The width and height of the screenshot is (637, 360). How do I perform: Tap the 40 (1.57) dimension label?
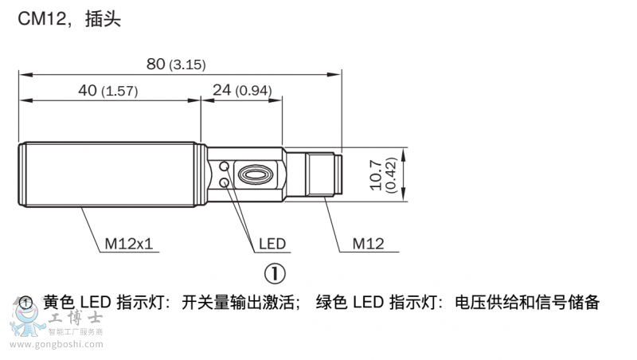(x=107, y=91)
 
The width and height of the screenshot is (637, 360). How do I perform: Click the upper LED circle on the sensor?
(x=226, y=166)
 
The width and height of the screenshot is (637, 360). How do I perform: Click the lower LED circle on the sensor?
(x=226, y=183)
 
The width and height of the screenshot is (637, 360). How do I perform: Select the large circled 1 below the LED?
(x=274, y=273)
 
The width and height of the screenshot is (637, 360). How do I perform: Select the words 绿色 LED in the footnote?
(x=350, y=303)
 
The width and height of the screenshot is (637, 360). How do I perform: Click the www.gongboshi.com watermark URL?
(x=57, y=345)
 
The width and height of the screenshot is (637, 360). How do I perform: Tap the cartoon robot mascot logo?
(x=28, y=325)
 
